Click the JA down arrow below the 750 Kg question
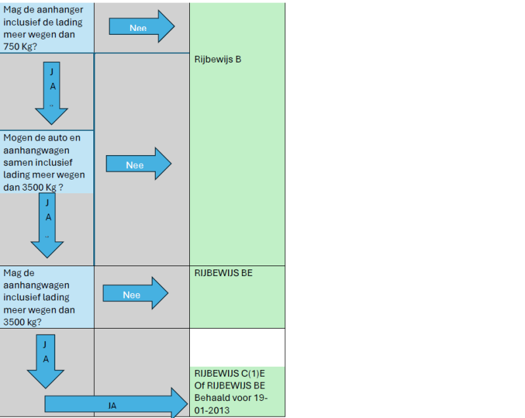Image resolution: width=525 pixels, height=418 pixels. point(52,93)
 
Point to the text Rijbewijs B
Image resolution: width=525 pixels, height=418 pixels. point(218,59)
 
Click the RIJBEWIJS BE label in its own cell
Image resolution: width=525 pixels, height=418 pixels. point(223,273)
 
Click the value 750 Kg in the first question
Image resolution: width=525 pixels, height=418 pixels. point(19,46)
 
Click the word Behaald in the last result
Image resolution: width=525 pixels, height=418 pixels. point(212,398)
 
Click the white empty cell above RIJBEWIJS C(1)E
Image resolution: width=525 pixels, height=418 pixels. point(237,347)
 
